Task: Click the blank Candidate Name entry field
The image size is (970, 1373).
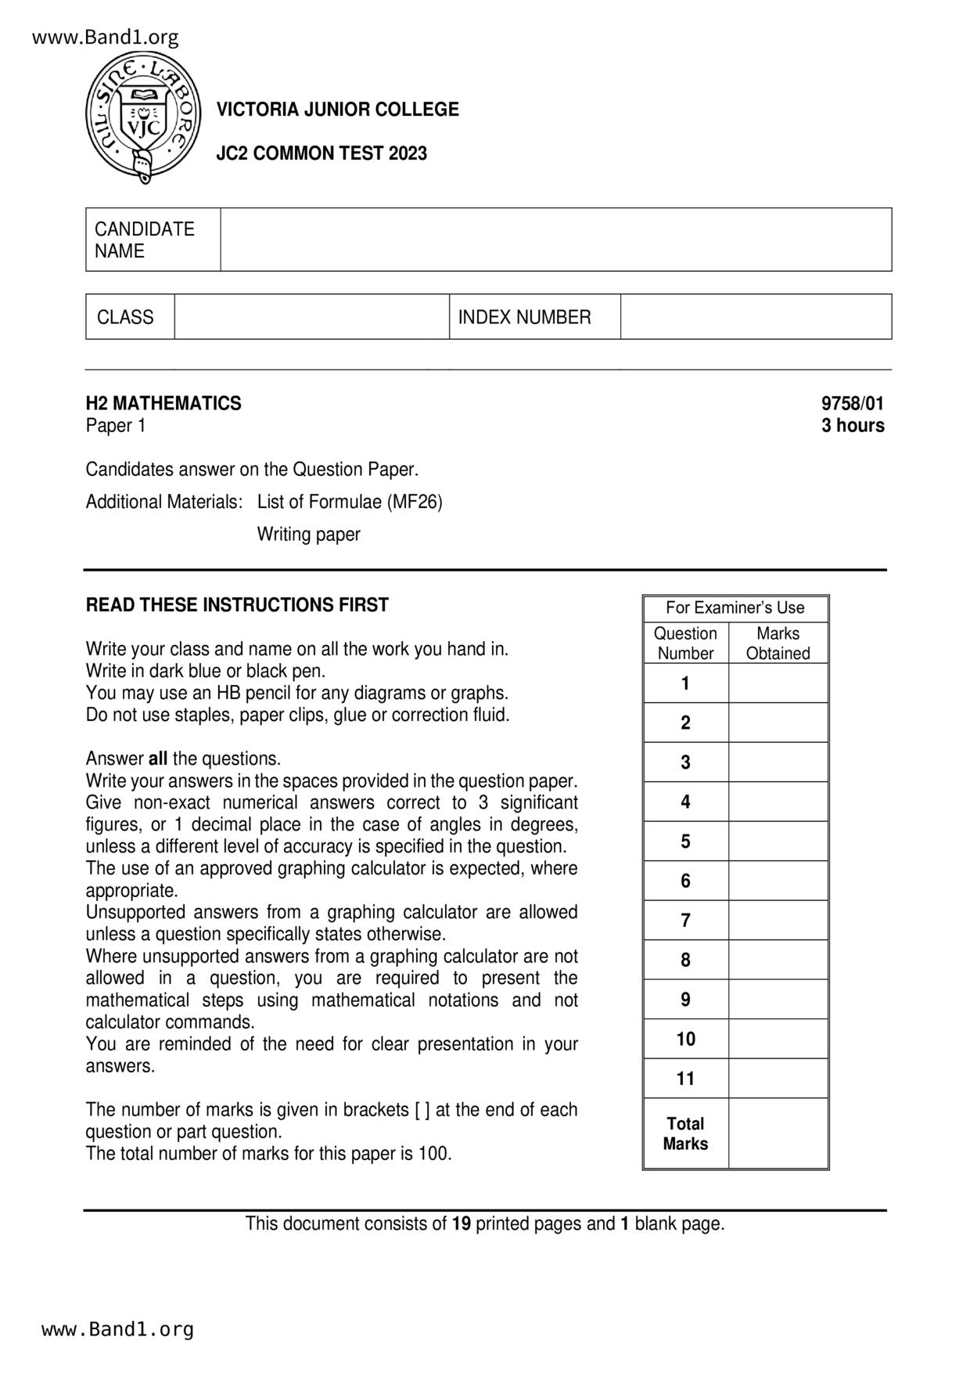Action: [555, 240]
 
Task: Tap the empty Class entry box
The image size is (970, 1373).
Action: [311, 317]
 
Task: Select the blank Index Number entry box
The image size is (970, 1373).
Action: [756, 317]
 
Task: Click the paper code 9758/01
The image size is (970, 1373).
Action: [852, 404]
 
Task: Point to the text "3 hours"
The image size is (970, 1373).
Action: [853, 426]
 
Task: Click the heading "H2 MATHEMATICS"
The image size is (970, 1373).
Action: [163, 404]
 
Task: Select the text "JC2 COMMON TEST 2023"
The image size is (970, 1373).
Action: [322, 153]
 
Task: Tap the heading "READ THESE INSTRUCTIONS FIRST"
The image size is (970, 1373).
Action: [237, 605]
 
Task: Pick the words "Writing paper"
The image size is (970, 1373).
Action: [308, 535]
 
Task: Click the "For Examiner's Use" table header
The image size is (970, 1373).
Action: [735, 608]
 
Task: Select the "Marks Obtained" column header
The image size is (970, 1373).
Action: [778, 643]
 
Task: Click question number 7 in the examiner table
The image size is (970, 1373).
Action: [685, 921]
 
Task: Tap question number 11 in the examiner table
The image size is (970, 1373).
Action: [685, 1079]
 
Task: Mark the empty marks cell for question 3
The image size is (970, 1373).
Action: [778, 762]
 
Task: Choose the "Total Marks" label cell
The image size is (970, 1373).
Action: [685, 1133]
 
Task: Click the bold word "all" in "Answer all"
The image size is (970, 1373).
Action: [158, 759]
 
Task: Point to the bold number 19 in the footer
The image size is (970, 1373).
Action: [462, 1224]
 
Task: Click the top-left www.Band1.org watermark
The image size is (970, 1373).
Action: [106, 37]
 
